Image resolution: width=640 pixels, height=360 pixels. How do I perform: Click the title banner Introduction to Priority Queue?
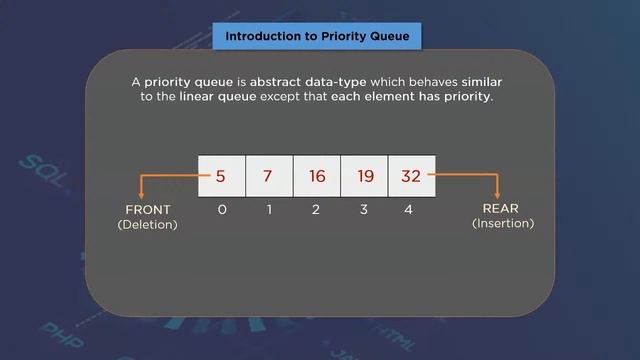[317, 37]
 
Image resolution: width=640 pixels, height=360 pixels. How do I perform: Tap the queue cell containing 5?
[221, 176]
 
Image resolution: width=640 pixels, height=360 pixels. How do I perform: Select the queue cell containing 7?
[269, 176]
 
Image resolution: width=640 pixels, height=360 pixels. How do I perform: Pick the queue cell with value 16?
[317, 176]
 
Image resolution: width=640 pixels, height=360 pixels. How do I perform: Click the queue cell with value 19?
[365, 176]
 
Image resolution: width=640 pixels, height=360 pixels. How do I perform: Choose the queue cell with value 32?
[411, 176]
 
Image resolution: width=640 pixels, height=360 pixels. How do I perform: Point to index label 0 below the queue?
[221, 210]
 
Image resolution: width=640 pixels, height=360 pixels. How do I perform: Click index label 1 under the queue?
[269, 210]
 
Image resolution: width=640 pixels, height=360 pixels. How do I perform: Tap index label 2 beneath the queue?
[316, 210]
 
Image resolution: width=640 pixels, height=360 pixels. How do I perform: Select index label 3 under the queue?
[364, 210]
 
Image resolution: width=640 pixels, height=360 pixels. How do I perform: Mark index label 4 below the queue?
[408, 210]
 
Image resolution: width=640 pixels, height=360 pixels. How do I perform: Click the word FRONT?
[147, 210]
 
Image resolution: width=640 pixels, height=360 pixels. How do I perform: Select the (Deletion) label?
[147, 225]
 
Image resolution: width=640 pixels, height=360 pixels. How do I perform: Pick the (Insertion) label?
[502, 224]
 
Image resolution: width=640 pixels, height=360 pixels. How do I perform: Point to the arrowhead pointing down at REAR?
[497, 194]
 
